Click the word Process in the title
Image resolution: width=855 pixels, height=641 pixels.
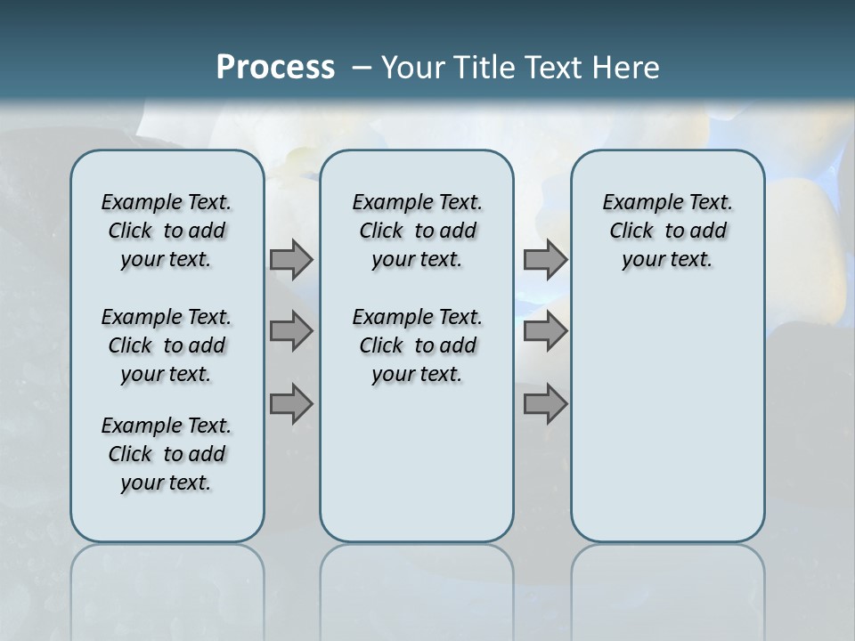(x=275, y=68)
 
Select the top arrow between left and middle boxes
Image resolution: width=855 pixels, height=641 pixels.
(x=291, y=259)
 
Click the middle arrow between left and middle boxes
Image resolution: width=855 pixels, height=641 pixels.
(x=291, y=332)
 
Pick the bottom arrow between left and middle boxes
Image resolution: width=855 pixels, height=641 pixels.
(x=291, y=404)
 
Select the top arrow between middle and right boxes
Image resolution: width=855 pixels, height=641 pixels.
(x=545, y=259)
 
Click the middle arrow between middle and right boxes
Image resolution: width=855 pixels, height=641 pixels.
(x=545, y=332)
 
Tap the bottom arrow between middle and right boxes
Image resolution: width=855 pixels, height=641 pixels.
(x=545, y=404)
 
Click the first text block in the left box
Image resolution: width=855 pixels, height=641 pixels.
(x=167, y=231)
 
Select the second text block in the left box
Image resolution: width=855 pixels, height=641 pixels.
(x=167, y=345)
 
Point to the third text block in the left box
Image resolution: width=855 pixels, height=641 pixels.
(x=167, y=454)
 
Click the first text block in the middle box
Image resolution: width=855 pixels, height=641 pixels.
(x=417, y=231)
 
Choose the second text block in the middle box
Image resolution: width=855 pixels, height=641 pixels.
(x=417, y=345)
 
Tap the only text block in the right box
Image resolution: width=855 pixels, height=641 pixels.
(x=667, y=231)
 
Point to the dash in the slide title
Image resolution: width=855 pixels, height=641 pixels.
(x=362, y=68)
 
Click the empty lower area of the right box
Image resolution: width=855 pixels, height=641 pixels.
(x=667, y=427)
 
